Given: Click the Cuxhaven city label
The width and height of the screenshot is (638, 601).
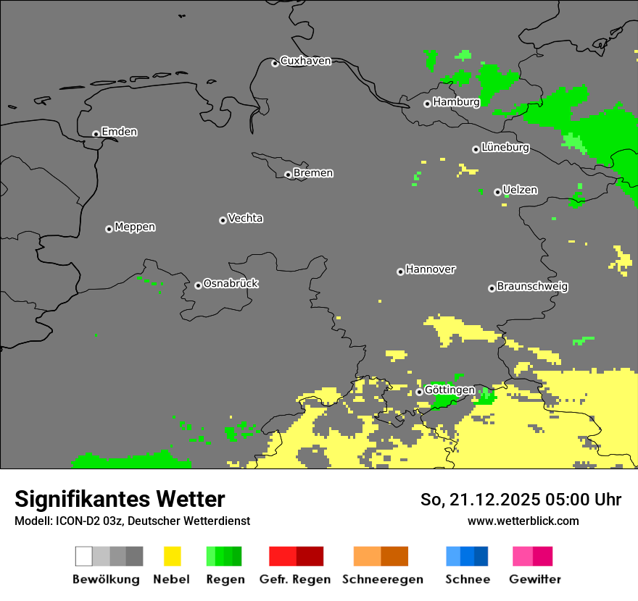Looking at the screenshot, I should point(305,61).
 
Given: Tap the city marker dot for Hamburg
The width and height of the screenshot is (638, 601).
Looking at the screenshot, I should point(428,104).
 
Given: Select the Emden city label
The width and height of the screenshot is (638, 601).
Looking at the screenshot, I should point(119,132).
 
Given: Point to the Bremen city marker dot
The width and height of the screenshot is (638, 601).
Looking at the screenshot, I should point(288,175).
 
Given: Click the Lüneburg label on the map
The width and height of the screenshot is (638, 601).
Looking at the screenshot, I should point(505,148).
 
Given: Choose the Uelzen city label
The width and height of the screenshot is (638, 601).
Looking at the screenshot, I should point(520,190).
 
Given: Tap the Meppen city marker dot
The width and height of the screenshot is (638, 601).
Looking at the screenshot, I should point(109,229).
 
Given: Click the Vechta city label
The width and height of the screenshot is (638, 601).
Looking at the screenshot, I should point(245,218).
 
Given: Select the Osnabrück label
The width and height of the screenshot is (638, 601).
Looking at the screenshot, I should point(231,283).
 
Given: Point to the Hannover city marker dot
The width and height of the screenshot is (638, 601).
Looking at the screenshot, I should point(400,272).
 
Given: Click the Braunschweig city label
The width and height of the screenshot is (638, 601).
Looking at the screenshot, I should point(532,287).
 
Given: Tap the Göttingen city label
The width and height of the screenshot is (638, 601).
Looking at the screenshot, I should point(449,390).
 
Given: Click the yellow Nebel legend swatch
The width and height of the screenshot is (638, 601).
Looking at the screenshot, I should point(172,556).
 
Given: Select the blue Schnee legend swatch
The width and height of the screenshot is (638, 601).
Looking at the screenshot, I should point(467,556).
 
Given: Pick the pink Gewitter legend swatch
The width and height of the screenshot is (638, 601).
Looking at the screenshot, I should point(533,556).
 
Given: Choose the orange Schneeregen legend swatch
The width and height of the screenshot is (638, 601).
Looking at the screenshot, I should point(381,556).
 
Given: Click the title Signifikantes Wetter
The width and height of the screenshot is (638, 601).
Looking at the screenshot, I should point(120,499).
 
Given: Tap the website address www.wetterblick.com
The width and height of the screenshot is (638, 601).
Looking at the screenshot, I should point(523,521).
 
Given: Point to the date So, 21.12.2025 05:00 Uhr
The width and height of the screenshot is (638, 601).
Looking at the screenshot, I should point(521,500).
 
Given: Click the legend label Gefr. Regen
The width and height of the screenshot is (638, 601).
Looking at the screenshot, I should point(295,579).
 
